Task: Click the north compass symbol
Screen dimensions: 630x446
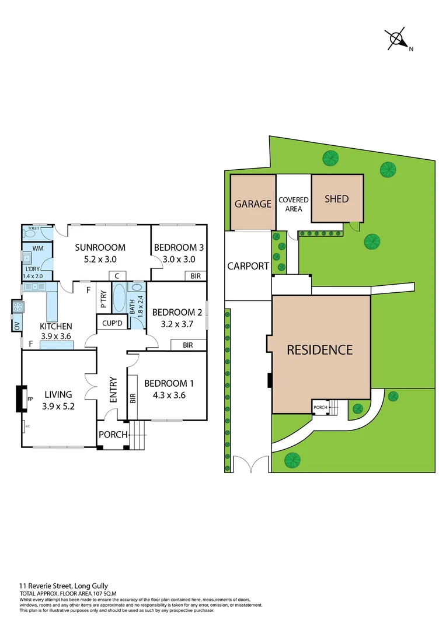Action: (397, 38)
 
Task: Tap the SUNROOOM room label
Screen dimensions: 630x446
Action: (100, 247)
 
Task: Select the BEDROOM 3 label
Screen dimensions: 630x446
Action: (179, 247)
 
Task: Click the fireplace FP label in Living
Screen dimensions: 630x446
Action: (30, 399)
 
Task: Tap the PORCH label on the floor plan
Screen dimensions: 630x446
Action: (113, 435)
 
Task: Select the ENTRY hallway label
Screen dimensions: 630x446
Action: (113, 390)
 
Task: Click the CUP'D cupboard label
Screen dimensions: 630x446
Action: (111, 323)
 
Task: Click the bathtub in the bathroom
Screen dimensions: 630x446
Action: (118, 298)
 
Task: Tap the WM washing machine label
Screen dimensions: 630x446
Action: (38, 249)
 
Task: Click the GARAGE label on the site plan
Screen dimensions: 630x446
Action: (253, 204)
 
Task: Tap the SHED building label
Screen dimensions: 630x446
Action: (336, 199)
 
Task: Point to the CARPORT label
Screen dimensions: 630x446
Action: (248, 266)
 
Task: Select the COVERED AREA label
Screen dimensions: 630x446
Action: (293, 204)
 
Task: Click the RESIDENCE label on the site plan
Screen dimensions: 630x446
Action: (319, 350)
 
